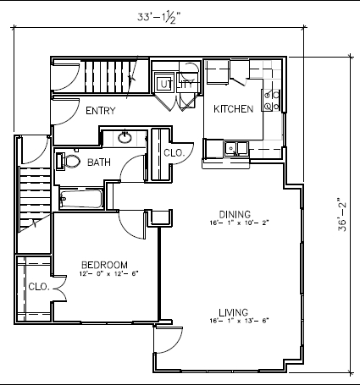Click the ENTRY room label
point(100,111)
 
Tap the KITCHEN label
point(233,109)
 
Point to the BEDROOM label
point(103,263)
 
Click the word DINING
point(235,214)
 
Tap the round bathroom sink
point(125,138)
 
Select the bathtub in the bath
point(80,200)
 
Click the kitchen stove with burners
point(272,101)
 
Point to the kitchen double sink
point(234,149)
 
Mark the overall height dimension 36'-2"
point(343,214)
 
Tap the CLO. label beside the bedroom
point(38,286)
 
